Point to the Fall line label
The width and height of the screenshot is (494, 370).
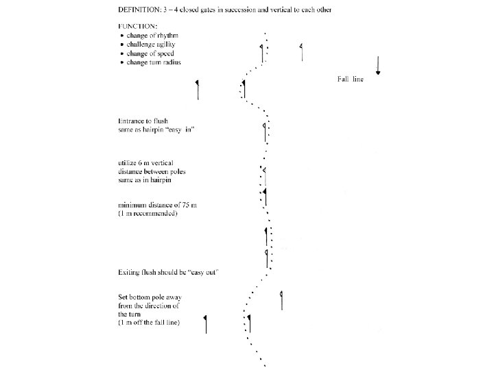click(x=350, y=79)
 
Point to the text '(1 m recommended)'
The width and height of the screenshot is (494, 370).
click(x=148, y=214)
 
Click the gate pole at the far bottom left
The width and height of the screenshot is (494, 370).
click(x=206, y=324)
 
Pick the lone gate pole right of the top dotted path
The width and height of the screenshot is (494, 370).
click(x=301, y=52)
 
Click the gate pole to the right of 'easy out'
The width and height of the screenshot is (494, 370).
click(x=281, y=299)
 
